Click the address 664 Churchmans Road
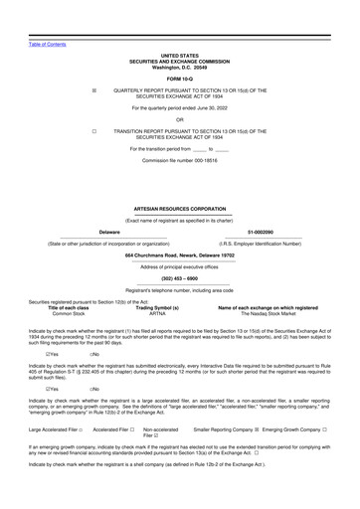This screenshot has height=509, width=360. coord(179,255)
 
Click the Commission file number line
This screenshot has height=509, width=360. coord(179,159)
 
